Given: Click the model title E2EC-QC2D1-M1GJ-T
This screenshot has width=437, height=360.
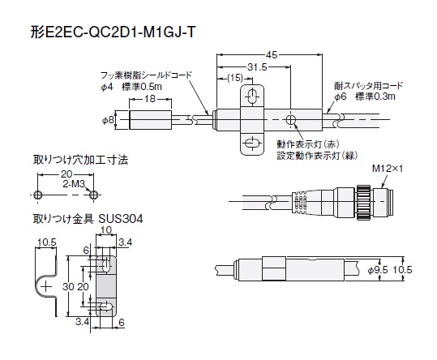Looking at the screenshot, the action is (x=119, y=32).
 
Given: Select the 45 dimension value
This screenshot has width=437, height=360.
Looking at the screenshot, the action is (x=271, y=55).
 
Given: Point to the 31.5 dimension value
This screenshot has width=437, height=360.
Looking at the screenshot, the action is (x=257, y=67).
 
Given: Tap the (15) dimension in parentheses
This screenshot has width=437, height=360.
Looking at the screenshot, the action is (x=235, y=78).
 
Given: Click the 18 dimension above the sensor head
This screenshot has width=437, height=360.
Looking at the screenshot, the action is (x=150, y=99).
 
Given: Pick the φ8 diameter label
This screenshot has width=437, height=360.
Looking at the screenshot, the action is (x=108, y=120).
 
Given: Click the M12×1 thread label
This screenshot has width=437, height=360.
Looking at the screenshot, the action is (x=388, y=169).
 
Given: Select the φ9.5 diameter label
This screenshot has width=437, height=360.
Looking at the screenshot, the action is (x=378, y=270).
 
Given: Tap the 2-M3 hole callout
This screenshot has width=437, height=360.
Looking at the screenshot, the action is (x=73, y=184).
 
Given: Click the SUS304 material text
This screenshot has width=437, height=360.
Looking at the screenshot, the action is (x=121, y=219).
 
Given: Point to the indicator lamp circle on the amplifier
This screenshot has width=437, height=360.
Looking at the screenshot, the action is (x=291, y=120).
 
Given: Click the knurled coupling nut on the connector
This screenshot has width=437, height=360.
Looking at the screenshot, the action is (x=363, y=202).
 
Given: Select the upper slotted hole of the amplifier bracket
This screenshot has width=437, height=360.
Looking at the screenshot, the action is (x=252, y=96).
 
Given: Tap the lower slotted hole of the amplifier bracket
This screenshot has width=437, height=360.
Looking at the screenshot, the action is (x=252, y=144).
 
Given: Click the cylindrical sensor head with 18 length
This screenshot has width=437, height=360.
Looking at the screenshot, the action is (x=151, y=120).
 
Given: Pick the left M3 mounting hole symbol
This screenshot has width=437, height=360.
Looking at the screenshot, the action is (x=38, y=195).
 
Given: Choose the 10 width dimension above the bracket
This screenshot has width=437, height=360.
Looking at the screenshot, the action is (x=106, y=230).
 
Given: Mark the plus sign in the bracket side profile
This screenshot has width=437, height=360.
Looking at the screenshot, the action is (x=46, y=286).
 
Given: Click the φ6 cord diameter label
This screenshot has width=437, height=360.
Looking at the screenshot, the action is (x=341, y=96).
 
